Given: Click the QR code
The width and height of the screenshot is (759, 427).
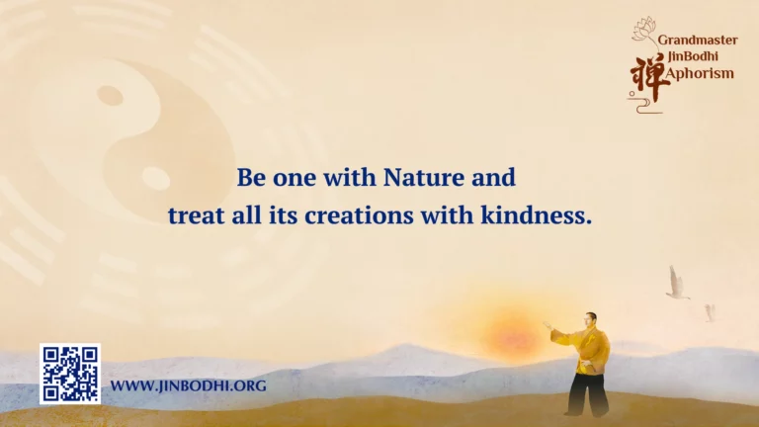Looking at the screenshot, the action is [x=70, y=374].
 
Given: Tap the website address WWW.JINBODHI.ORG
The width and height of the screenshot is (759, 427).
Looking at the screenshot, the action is [x=189, y=385].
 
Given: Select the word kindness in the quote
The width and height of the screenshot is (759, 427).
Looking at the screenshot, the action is [x=537, y=214].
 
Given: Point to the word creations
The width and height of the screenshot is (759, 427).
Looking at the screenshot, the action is [x=359, y=215].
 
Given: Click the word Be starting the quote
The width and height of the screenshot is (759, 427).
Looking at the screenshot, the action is [x=251, y=177].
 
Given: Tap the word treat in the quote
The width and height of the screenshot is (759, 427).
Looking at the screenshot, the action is [x=196, y=215].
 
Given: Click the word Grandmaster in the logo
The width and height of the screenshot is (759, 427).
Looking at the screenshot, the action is [x=698, y=41].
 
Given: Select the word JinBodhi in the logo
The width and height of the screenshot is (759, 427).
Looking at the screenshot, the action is [x=693, y=56].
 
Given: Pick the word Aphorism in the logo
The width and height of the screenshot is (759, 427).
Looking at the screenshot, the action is [x=700, y=73].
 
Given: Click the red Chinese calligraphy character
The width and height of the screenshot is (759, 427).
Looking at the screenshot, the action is [x=648, y=78].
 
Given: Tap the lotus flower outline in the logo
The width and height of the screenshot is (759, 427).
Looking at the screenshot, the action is [x=644, y=28].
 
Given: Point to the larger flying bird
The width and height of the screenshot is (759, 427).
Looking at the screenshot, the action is [x=677, y=283].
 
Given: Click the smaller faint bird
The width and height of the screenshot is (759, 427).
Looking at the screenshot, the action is [x=710, y=312].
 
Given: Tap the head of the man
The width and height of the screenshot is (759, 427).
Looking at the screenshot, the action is [x=591, y=320].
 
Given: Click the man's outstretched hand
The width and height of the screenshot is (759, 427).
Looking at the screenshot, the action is [x=547, y=325].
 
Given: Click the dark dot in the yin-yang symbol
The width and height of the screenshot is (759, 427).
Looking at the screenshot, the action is [x=110, y=95].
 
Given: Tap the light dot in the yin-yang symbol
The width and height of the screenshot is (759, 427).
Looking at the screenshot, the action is [x=155, y=178].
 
